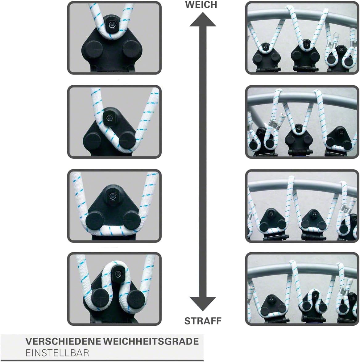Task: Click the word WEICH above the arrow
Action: [201, 4]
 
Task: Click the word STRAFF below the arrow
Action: [203, 321]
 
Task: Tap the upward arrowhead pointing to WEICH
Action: [203, 19]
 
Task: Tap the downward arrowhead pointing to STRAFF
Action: [203, 303]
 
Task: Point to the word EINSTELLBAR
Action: [57, 353]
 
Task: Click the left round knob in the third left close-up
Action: [95, 221]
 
